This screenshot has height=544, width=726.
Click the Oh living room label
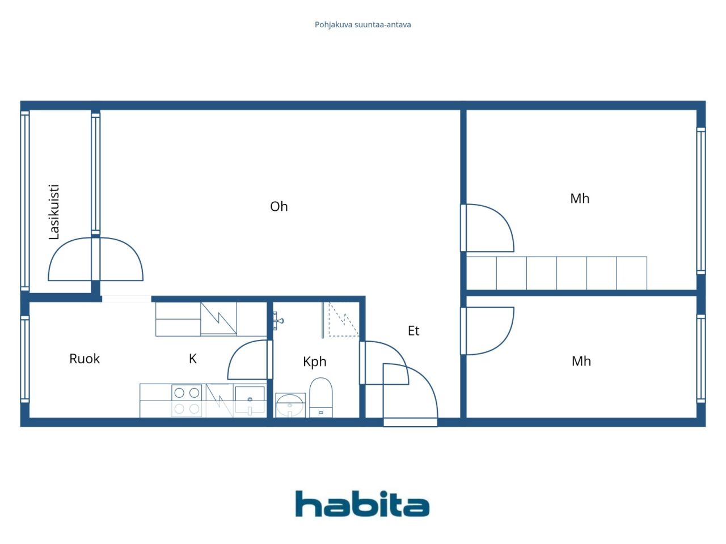point(278,206)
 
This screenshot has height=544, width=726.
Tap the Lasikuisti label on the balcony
point(54,212)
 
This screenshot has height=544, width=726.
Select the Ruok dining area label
point(85,359)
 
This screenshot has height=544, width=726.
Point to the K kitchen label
point(193,359)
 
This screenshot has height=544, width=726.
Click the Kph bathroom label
point(315,362)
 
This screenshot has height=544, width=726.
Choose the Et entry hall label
point(413,331)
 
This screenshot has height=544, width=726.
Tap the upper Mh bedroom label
point(580,198)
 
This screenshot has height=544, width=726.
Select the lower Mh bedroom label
point(581,361)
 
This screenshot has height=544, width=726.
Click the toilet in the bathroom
point(320,397)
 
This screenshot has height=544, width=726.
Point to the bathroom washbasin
point(290,405)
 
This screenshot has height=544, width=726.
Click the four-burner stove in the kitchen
point(187,400)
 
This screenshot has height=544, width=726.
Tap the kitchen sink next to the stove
point(250,400)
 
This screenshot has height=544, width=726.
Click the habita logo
point(362,504)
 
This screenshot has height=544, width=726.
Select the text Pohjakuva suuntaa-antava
point(363,25)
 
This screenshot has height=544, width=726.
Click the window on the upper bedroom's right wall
point(701,201)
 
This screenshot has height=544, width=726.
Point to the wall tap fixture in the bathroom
point(278,321)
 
